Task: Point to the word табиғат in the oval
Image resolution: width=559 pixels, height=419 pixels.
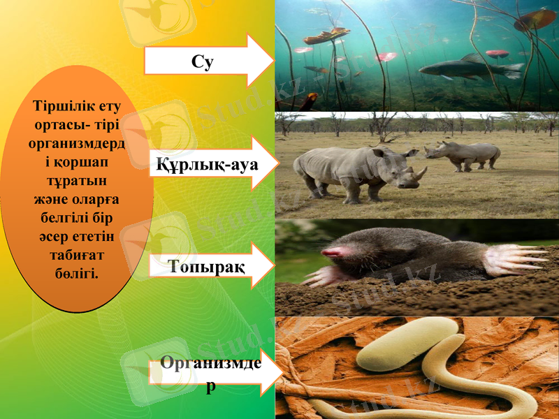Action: [78, 253]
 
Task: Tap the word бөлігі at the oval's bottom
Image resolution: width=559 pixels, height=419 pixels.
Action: [78, 270]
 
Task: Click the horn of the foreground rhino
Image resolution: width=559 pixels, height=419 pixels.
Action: [421, 172]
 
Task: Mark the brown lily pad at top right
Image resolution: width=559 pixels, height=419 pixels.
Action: [535, 19]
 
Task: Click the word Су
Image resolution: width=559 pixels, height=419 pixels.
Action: [202, 61]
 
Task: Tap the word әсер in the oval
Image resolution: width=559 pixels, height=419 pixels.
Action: [55, 237]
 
